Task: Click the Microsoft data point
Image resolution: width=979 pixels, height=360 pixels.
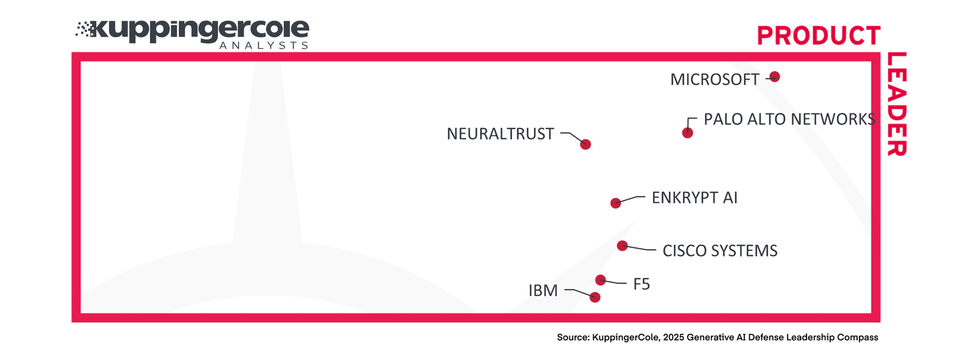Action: (x=774, y=76)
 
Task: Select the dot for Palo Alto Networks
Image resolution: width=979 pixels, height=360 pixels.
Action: (x=687, y=133)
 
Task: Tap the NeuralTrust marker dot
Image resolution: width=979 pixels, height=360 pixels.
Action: (x=586, y=144)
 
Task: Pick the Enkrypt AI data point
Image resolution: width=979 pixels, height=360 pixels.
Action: (x=616, y=203)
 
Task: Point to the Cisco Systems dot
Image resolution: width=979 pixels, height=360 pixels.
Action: (x=622, y=246)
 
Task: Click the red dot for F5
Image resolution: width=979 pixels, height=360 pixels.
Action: (x=600, y=280)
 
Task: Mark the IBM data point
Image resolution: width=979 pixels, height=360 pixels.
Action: (x=595, y=297)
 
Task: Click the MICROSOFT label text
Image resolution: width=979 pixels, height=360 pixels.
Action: (x=714, y=80)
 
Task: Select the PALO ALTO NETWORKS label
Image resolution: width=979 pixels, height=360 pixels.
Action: (x=789, y=120)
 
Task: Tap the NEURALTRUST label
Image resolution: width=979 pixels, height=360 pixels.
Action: (x=500, y=134)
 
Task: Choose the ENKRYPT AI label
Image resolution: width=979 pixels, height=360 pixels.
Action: (x=694, y=198)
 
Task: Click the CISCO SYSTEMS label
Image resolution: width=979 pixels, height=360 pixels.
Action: (x=719, y=251)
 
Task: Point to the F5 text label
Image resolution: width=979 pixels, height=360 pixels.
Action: (x=642, y=284)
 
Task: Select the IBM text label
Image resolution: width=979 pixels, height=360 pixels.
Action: (x=543, y=291)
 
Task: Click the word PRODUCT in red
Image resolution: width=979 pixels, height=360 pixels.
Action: (x=818, y=36)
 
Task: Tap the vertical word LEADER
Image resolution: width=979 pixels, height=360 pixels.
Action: (x=896, y=104)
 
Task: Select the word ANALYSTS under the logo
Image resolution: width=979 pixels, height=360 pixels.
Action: (x=263, y=45)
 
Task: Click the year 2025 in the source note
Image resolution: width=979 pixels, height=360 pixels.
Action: (x=674, y=338)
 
